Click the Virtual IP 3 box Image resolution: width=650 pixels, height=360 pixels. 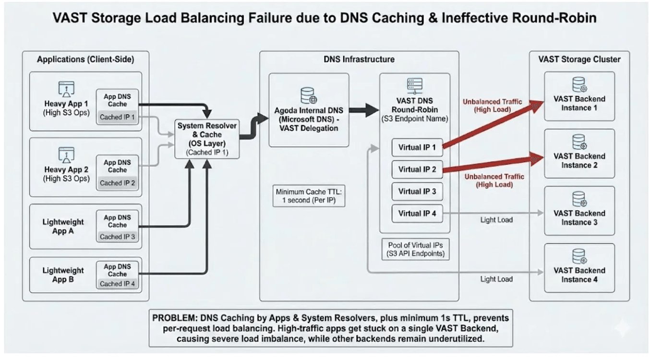pyautogui.click(x=417, y=191)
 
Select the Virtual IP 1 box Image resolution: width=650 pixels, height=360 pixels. pyautogui.click(x=417, y=147)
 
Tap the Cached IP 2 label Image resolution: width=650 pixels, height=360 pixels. pyautogui.click(x=118, y=183)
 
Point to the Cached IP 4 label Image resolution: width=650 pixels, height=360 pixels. pyautogui.click(x=118, y=284)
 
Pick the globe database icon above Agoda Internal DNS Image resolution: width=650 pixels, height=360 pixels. pyautogui.click(x=307, y=95)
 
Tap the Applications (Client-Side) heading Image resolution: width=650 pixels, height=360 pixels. pyautogui.click(x=85, y=60)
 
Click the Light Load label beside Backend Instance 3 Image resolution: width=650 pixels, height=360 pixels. pyautogui.click(x=496, y=220)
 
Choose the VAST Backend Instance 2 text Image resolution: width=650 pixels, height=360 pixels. pyautogui.click(x=579, y=160)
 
